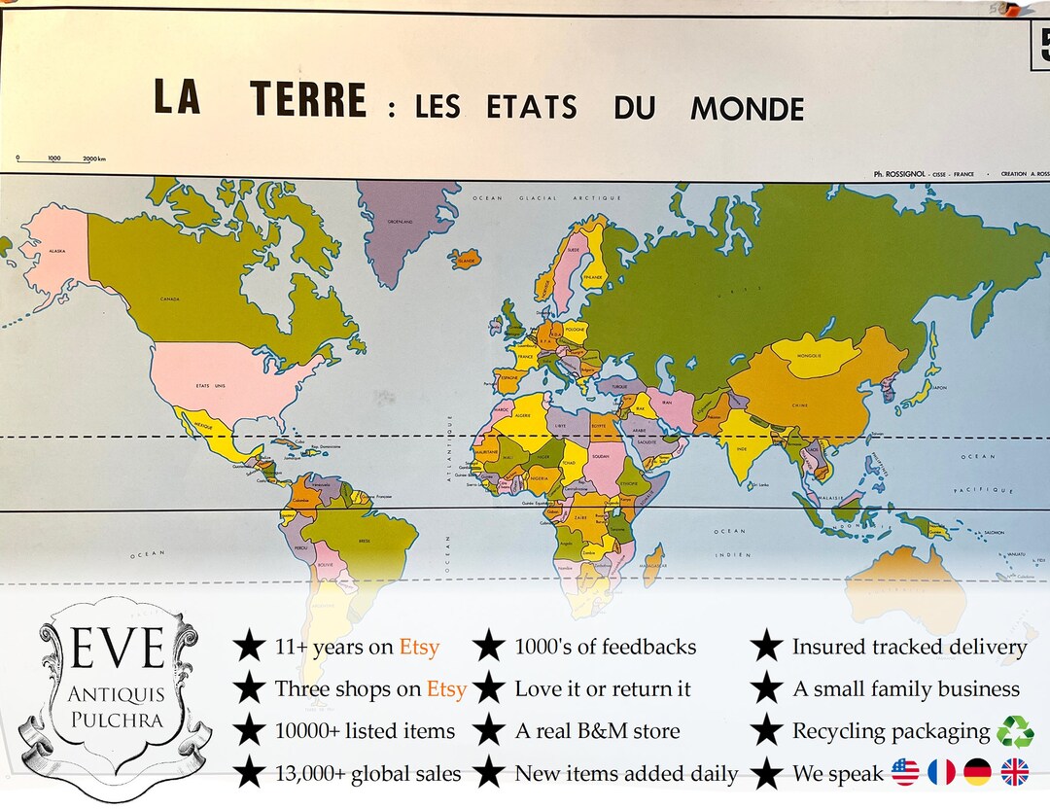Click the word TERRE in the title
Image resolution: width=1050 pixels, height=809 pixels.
tap(308, 101)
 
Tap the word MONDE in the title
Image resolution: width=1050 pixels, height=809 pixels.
tap(747, 109)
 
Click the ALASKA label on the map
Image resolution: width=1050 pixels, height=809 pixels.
tap(57, 252)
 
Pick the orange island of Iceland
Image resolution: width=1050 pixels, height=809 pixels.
tap(466, 260)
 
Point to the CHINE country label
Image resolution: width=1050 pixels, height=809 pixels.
tap(800, 405)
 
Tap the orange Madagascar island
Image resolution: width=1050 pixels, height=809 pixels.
tap(653, 564)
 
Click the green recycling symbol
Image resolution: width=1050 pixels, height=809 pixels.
tap(1014, 730)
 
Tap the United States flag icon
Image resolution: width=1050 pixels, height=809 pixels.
tap(904, 773)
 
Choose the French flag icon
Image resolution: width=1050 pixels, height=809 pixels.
tap(941, 773)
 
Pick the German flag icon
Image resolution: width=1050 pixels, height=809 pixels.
tap(977, 773)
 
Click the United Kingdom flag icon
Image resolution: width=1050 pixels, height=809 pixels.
tap(1014, 773)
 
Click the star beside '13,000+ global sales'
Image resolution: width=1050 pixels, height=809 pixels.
tap(250, 774)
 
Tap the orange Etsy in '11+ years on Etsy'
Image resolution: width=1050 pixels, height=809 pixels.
tap(419, 647)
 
